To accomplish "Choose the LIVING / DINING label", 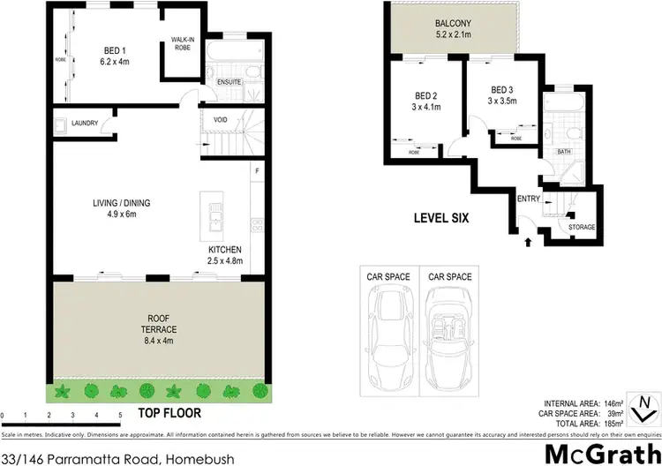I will [122, 208].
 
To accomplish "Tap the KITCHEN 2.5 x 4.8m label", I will [224, 255].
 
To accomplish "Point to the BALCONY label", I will [452, 30].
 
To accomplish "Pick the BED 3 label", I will [501, 95].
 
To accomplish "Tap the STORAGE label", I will [581, 227].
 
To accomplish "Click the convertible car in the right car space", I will [447, 328].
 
